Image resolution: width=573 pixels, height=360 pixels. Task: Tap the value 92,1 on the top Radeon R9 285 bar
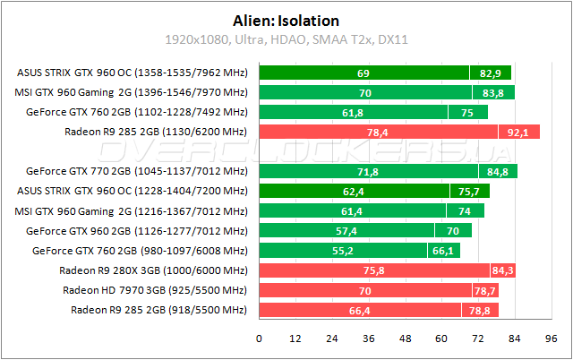[x=519, y=133]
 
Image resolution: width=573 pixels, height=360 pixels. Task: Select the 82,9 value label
[x=491, y=73]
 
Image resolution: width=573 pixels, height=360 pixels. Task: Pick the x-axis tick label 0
[x=259, y=339]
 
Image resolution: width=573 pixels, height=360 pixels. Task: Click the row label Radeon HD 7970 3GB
[x=154, y=290]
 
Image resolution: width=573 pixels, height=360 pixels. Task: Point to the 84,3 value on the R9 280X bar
[x=502, y=270]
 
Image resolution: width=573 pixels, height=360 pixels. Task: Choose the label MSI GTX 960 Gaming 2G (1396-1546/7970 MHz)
[x=132, y=93]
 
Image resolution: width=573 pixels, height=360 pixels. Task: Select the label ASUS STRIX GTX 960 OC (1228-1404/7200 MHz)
[x=132, y=191]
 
